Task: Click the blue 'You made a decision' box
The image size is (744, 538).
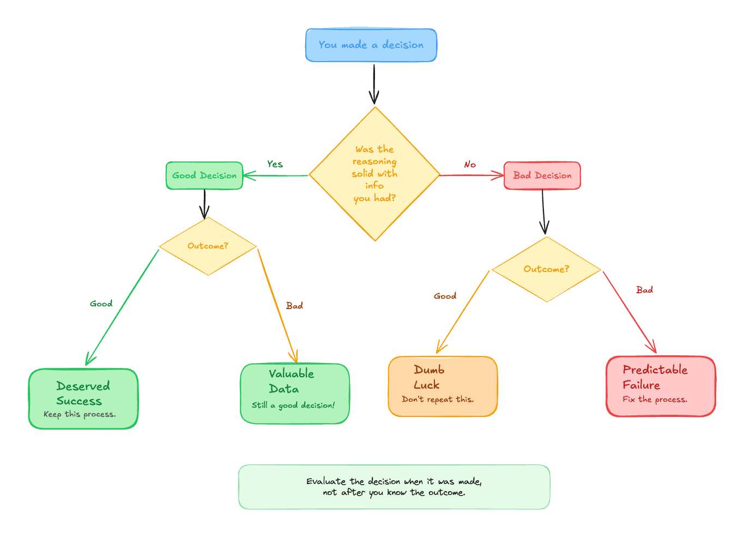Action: (x=371, y=45)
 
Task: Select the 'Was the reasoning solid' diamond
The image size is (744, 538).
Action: (x=374, y=174)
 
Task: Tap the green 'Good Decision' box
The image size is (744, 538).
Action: (x=204, y=176)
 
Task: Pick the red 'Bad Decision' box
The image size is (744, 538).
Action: (x=542, y=176)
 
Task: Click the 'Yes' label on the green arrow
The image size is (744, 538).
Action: (x=275, y=164)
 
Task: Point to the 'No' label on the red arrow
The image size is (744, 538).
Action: (x=470, y=165)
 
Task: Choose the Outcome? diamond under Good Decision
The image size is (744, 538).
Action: (x=208, y=246)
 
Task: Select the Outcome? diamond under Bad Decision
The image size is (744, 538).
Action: (x=546, y=269)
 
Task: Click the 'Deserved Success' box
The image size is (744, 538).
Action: (x=83, y=398)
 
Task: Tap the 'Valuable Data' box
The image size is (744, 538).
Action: (x=294, y=394)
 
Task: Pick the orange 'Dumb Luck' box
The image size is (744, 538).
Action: (x=443, y=386)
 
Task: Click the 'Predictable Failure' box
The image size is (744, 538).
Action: (x=661, y=386)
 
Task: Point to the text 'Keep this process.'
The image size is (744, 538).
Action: (x=80, y=414)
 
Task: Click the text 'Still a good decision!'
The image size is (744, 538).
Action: (x=293, y=406)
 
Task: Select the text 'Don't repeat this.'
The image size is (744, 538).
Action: (x=438, y=400)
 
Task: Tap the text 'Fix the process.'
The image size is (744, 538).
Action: (x=655, y=400)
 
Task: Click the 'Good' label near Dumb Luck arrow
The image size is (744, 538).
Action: (x=445, y=296)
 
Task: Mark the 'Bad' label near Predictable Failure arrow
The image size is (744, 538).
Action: (x=644, y=290)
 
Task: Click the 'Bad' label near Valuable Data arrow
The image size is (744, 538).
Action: (x=294, y=306)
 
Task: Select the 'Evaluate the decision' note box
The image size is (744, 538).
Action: (x=394, y=487)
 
